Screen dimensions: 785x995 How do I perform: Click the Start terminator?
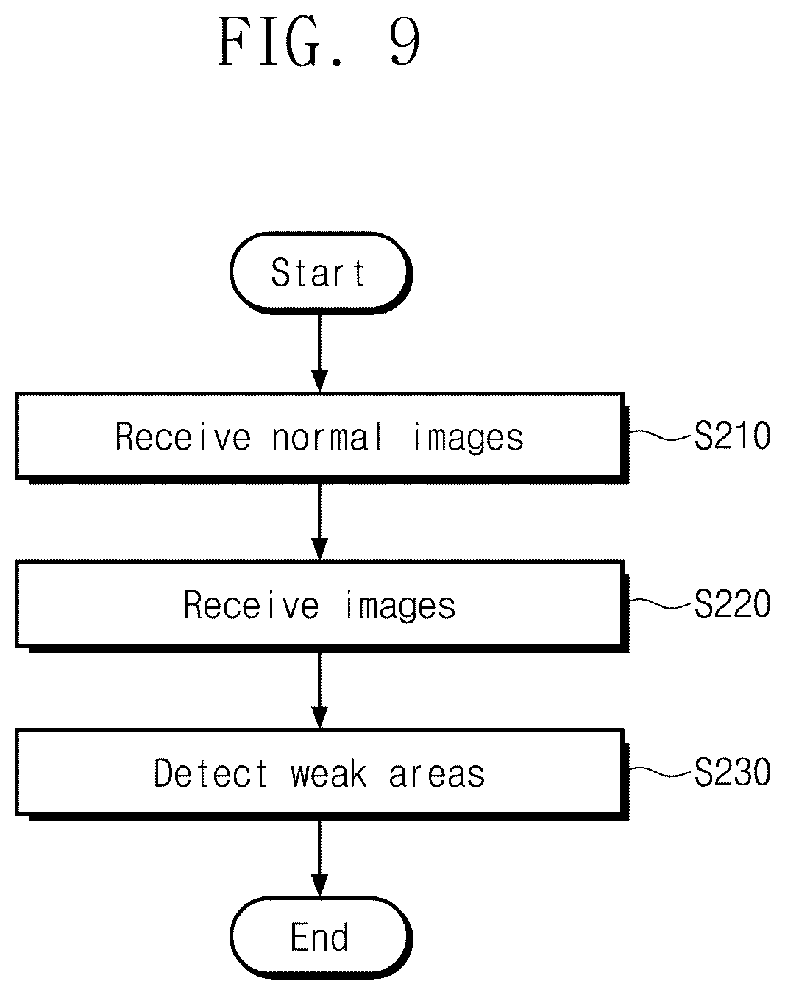[320, 273]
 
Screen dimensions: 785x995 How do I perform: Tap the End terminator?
[320, 937]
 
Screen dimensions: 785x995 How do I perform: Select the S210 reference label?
[733, 436]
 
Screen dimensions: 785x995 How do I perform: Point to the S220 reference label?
[733, 603]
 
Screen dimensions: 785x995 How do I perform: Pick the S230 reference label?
[733, 772]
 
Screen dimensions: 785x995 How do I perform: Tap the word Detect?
[211, 773]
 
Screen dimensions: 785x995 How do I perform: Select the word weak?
[329, 773]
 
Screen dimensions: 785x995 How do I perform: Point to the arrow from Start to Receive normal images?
[320, 353]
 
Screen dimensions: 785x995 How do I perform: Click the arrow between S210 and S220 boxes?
[320, 522]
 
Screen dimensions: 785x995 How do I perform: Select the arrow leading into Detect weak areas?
[320, 690]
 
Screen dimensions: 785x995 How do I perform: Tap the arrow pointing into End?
[320, 858]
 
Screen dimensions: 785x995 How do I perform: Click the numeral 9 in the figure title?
[405, 42]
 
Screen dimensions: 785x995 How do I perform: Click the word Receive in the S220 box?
[251, 605]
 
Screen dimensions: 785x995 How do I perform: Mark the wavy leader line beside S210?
[662, 435]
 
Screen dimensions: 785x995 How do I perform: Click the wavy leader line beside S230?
[662, 771]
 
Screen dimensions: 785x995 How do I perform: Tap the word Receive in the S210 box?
[183, 436]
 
